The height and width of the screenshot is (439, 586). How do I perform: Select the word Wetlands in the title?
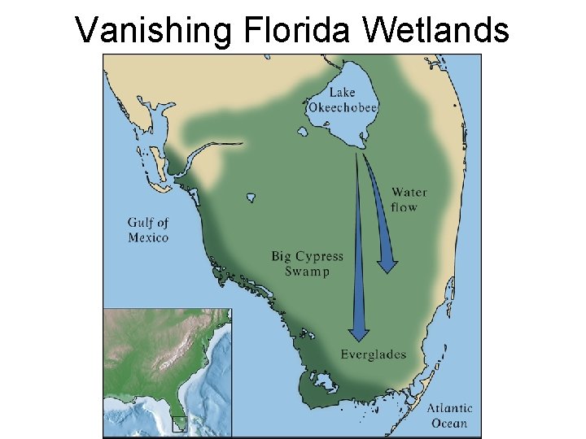tap(436, 30)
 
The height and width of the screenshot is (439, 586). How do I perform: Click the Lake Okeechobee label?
tap(343, 99)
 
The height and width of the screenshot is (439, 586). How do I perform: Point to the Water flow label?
tap(409, 200)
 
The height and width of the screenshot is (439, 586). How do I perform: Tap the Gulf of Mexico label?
tap(148, 230)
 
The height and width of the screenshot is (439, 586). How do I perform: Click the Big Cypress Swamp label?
tap(308, 264)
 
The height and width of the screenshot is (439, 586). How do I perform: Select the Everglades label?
tap(374, 354)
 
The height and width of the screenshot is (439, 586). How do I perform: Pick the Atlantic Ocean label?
tap(449, 415)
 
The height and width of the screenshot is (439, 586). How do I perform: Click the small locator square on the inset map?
tap(180, 422)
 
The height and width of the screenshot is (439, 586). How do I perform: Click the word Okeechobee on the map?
tap(343, 106)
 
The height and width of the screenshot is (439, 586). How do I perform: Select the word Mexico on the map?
tap(148, 237)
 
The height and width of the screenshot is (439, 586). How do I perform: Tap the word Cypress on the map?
tap(319, 257)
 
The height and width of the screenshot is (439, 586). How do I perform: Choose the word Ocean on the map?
tap(449, 423)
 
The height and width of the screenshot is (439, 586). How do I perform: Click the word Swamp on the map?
tap(308, 272)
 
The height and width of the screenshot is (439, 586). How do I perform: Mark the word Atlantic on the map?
tap(449, 408)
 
